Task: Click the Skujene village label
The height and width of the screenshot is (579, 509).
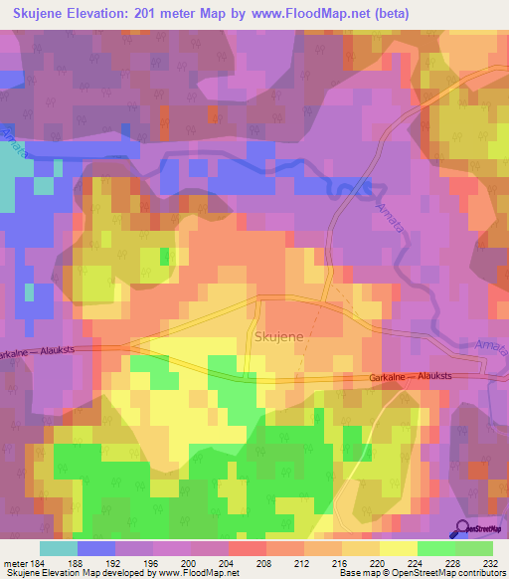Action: tap(279, 337)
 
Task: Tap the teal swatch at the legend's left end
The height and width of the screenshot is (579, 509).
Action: tap(58, 548)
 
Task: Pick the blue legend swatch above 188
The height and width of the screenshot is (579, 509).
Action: tap(95, 548)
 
